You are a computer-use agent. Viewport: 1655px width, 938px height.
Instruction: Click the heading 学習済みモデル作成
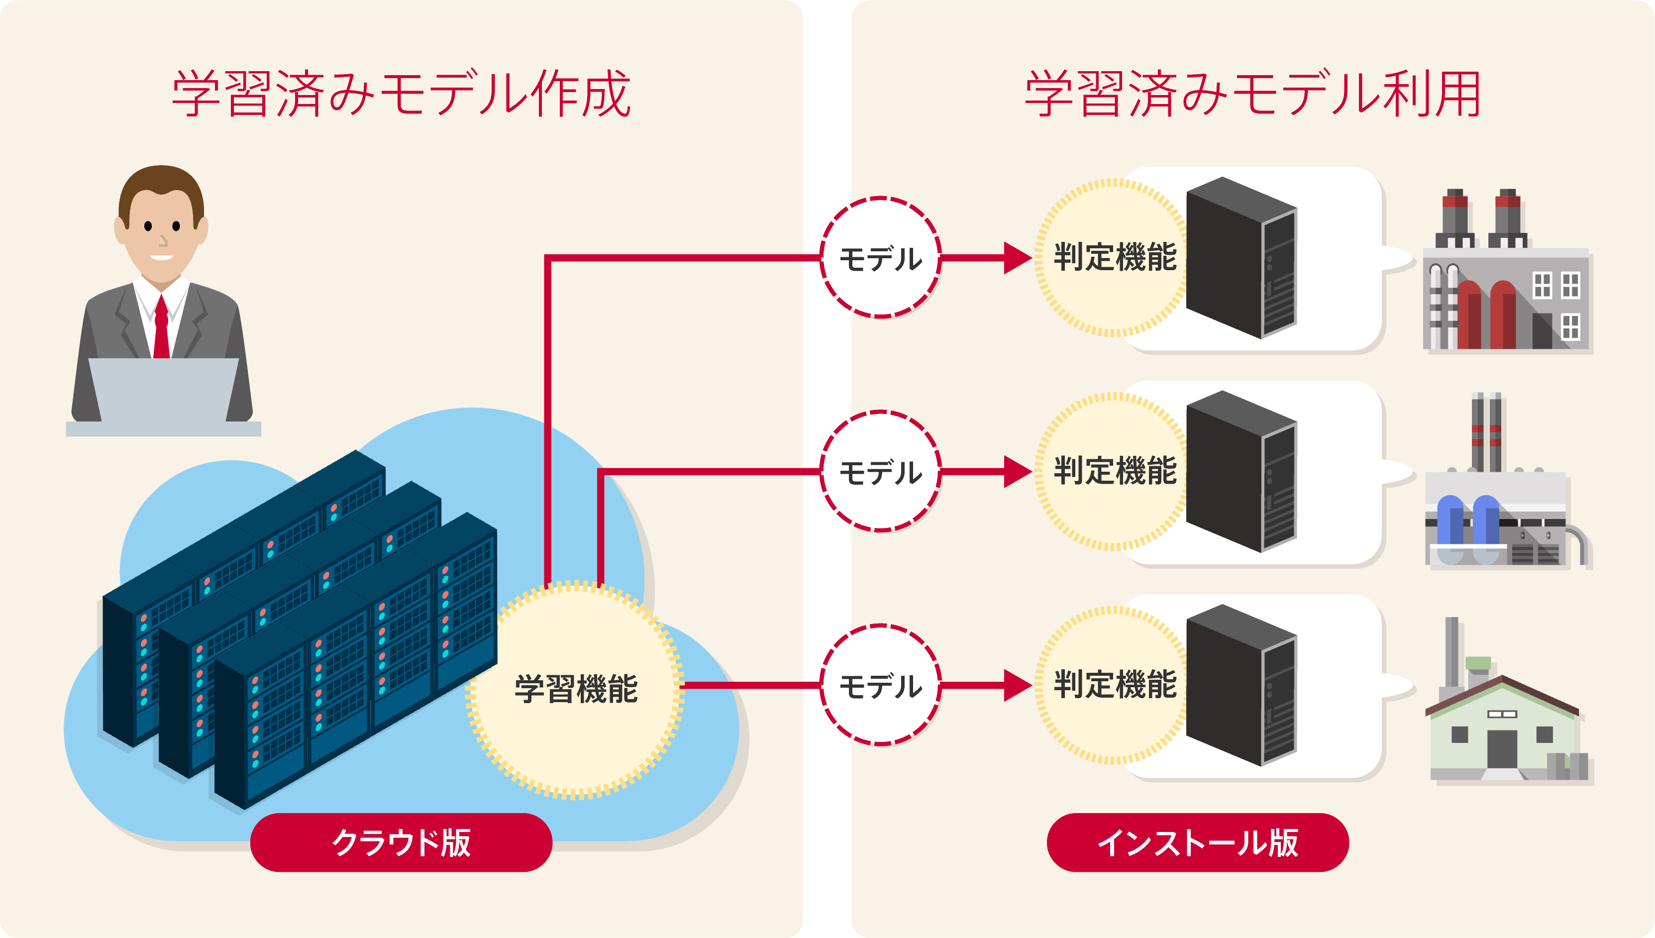401,95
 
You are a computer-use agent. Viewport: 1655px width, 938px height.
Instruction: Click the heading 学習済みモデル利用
1252,95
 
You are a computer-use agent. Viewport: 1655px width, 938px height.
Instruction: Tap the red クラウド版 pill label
401,842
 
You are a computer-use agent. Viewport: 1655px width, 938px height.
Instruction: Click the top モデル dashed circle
880,258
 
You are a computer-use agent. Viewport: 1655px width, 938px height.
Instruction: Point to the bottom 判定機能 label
1115,685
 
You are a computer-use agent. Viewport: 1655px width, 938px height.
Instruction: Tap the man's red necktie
161,328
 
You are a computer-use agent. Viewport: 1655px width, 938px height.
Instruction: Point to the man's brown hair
161,184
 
